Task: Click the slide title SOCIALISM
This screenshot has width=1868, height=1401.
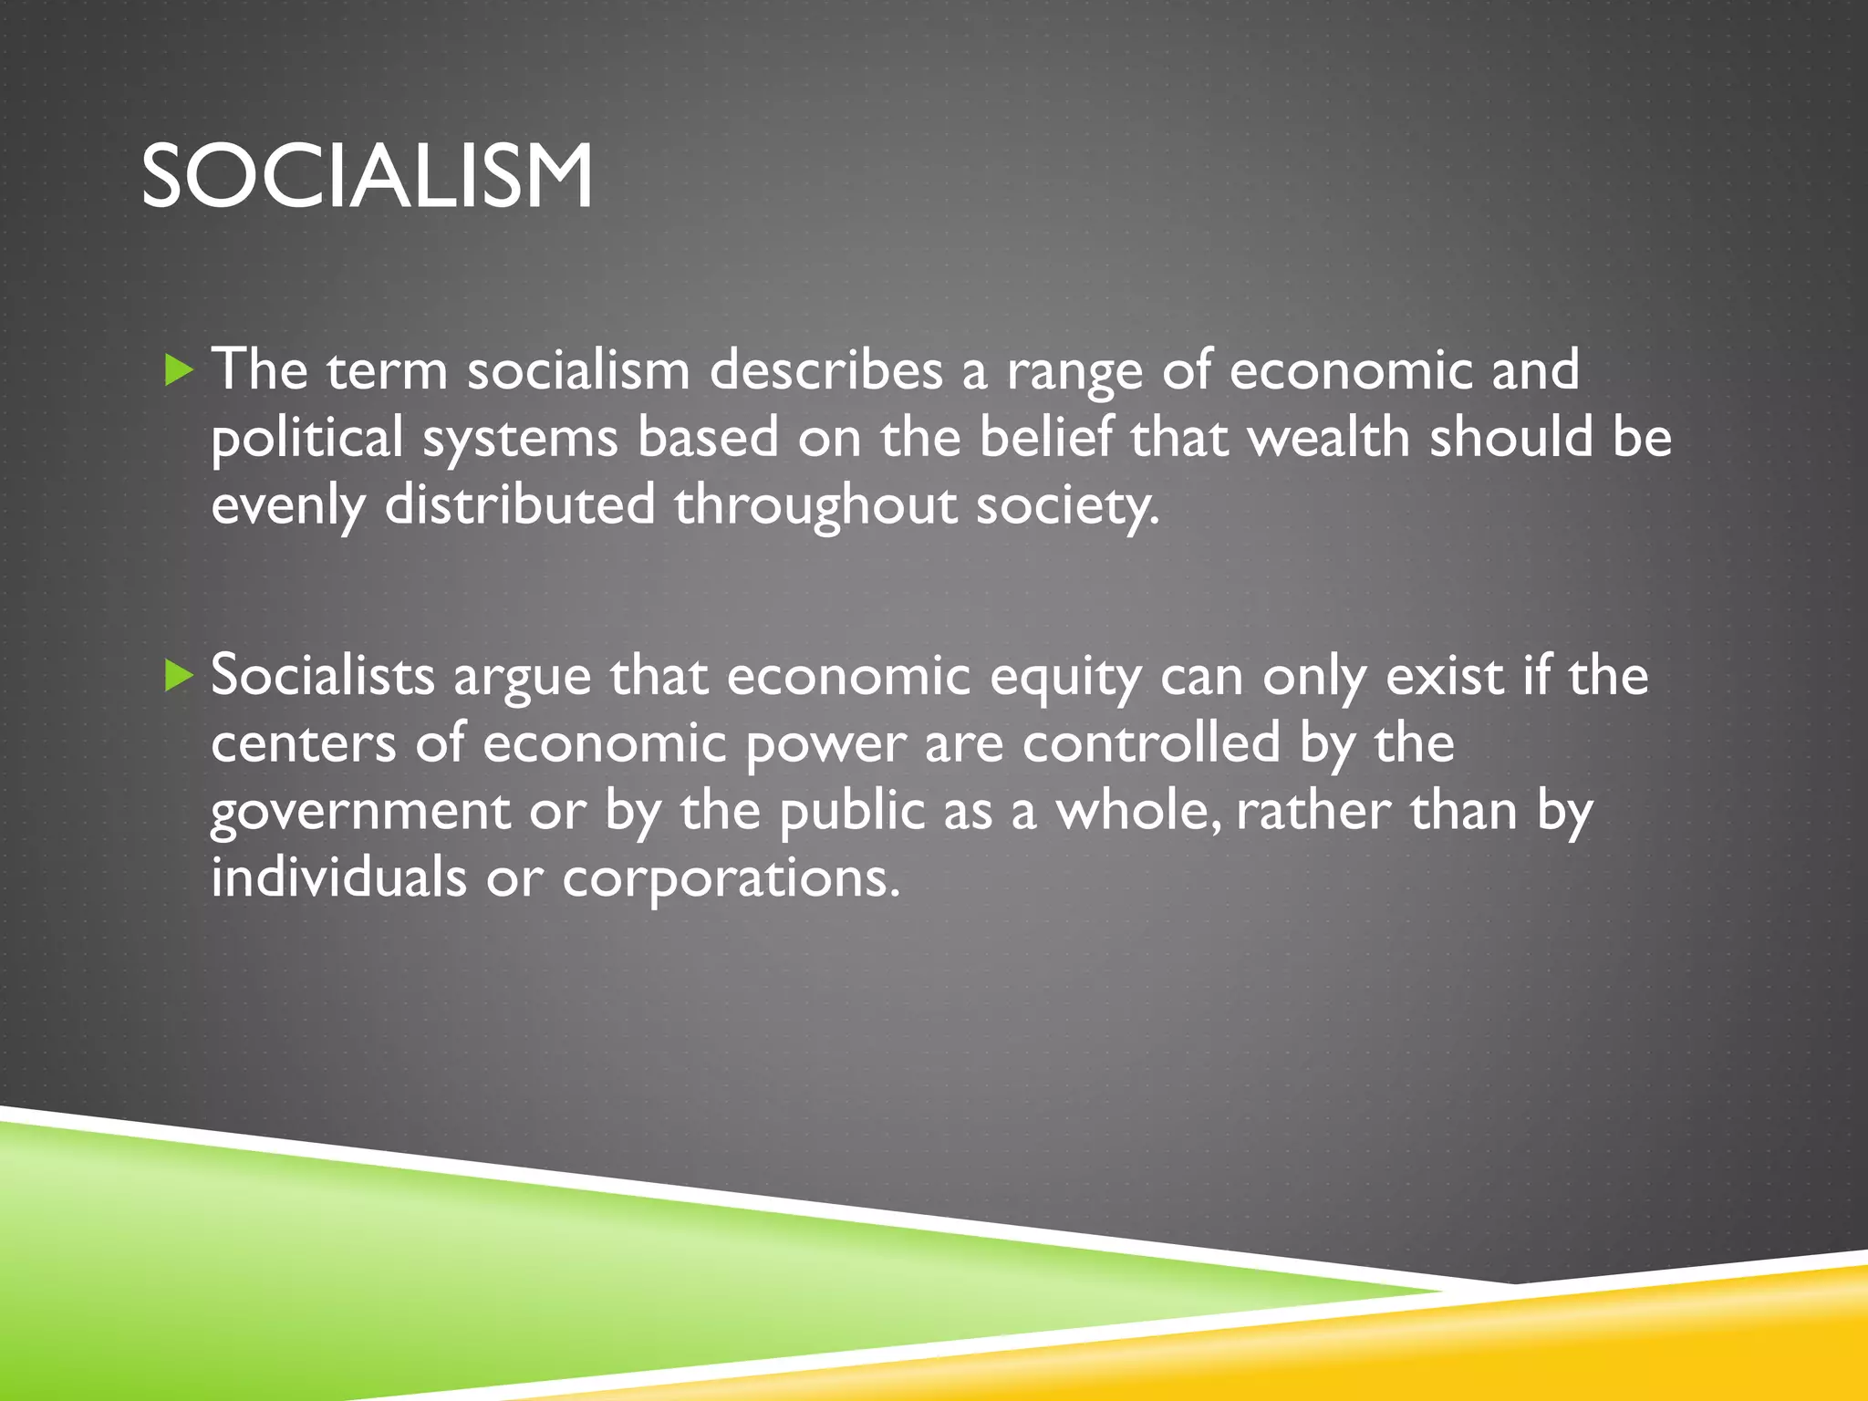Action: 367,176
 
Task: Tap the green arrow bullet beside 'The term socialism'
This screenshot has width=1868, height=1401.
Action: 180,370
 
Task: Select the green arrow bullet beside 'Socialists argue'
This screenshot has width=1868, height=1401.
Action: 180,676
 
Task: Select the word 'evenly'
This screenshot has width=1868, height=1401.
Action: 287,507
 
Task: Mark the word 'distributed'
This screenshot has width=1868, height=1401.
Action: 520,505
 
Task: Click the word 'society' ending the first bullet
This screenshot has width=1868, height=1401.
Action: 1065,507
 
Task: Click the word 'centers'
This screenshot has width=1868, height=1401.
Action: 304,744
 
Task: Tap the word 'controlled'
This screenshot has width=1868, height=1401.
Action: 1151,742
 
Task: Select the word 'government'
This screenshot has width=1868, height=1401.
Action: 360,812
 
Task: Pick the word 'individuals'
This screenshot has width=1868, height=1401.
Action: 338,877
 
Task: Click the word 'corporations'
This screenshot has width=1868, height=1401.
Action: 729,879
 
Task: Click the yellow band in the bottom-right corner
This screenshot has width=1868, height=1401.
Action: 1687,1341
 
